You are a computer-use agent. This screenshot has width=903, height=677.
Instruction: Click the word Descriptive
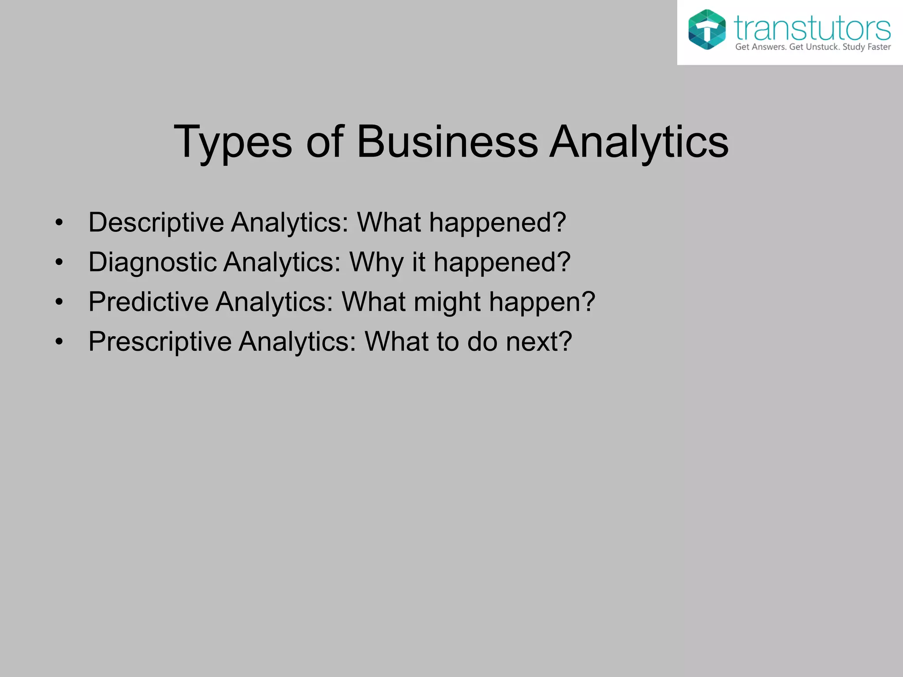(156, 223)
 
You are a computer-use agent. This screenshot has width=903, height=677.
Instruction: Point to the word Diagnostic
(152, 263)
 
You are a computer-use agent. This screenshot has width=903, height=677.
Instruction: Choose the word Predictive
(148, 302)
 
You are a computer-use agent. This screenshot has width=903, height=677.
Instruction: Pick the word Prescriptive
(160, 342)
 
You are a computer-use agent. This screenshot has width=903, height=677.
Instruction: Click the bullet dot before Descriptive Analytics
(60, 223)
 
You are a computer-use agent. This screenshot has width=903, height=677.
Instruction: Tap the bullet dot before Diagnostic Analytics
(60, 263)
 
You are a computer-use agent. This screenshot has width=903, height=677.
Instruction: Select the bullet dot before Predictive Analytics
(60, 302)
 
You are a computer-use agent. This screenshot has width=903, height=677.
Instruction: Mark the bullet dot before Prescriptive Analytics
(60, 342)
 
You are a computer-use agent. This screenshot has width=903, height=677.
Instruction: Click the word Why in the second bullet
(376, 263)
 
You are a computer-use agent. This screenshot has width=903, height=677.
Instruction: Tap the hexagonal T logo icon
(707, 30)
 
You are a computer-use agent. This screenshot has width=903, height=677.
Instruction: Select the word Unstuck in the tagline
(822, 47)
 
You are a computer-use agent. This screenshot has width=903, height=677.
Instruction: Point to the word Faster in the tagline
(879, 47)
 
